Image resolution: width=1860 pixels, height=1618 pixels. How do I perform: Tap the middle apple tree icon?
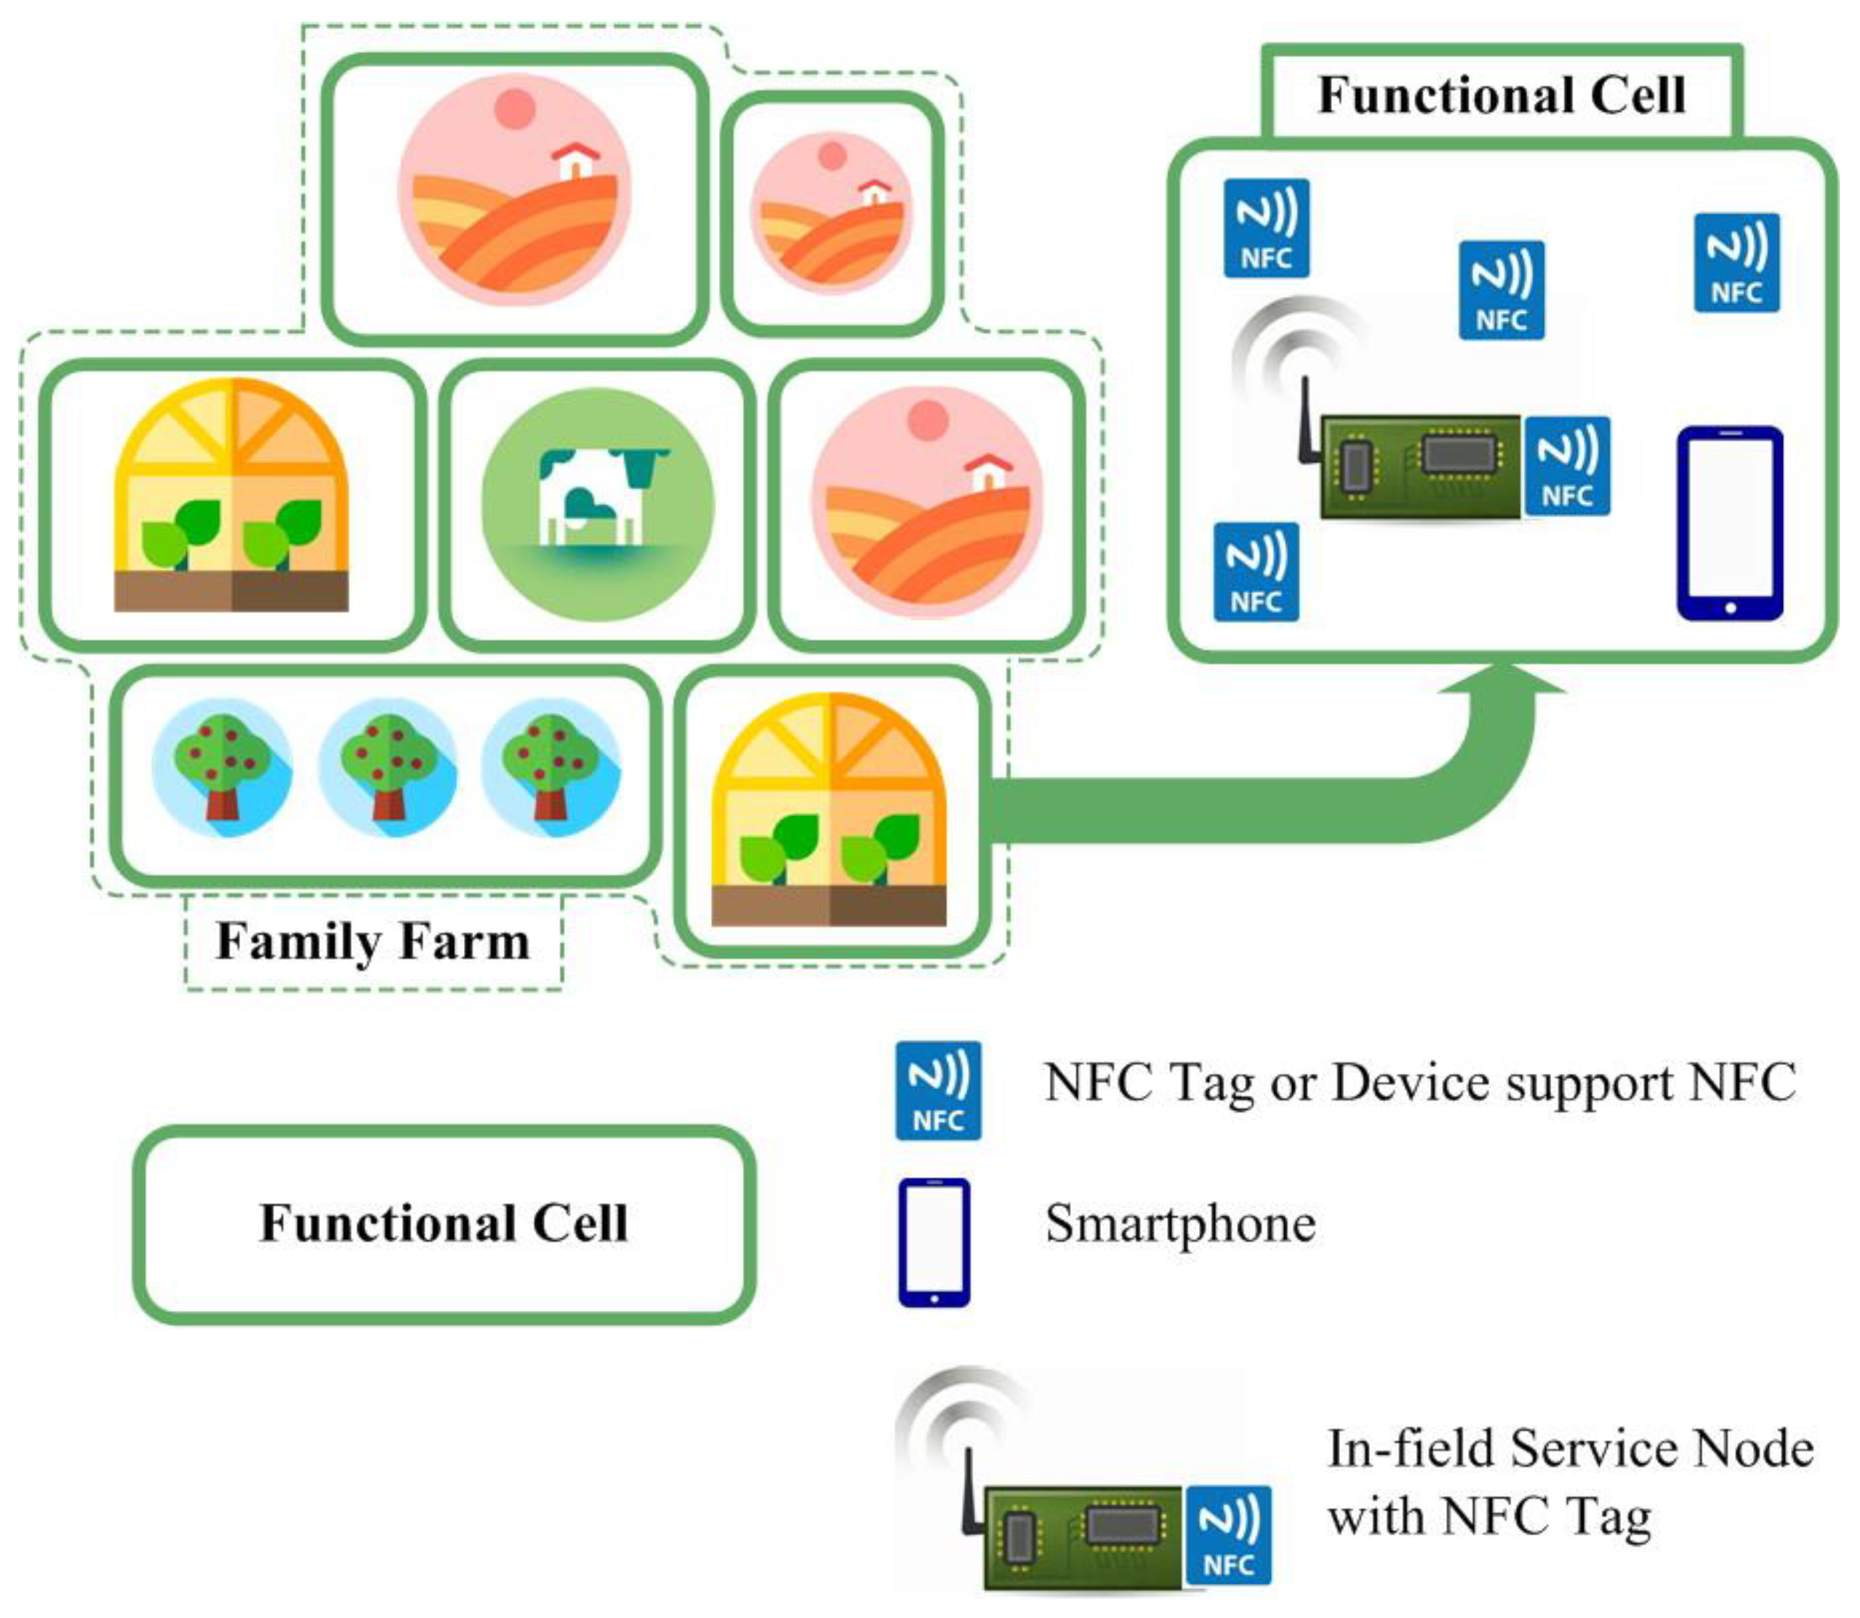tap(388, 767)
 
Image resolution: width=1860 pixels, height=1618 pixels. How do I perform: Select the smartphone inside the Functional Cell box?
tap(1729, 524)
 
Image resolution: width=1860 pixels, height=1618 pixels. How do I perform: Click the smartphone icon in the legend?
tap(934, 1243)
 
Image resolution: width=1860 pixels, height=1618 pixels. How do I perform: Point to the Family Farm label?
tap(373, 941)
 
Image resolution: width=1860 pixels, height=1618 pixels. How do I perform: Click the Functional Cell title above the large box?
tap(1501, 95)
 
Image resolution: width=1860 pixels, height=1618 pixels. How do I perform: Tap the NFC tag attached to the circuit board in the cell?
tap(1567, 466)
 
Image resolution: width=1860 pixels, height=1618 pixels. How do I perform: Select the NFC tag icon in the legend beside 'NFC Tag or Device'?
tap(938, 1091)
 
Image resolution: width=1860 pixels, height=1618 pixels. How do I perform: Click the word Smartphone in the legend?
tap(1179, 1225)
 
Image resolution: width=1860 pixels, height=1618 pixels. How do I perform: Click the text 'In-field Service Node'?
tap(1571, 1449)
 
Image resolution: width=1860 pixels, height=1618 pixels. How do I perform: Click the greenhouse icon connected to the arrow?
tap(828, 810)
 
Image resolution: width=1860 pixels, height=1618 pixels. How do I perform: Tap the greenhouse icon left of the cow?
tap(231, 495)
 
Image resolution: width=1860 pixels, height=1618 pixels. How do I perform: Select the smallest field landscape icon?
tap(831, 213)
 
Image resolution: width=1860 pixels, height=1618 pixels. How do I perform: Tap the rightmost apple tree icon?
tap(550, 767)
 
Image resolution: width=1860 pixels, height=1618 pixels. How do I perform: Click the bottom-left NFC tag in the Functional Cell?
tap(1256, 572)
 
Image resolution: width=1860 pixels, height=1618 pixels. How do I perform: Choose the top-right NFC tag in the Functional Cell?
tap(1736, 263)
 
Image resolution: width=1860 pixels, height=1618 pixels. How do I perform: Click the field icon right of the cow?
tap(927, 502)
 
